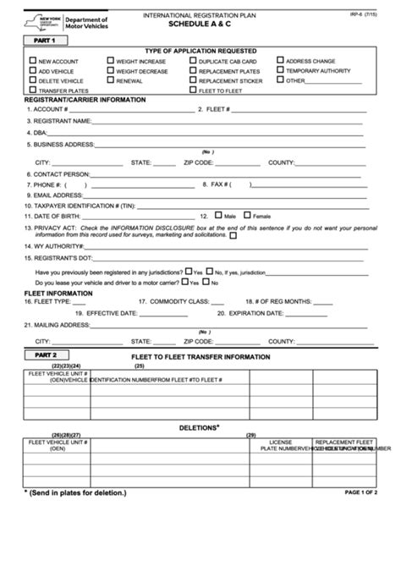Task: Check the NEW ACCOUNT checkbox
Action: [32, 61]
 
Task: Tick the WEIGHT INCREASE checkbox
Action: [111, 61]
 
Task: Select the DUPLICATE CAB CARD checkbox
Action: [194, 61]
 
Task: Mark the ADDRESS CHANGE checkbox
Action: [280, 61]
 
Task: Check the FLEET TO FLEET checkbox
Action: [194, 90]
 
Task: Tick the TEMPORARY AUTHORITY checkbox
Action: [280, 70]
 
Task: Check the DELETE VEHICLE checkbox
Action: [32, 80]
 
